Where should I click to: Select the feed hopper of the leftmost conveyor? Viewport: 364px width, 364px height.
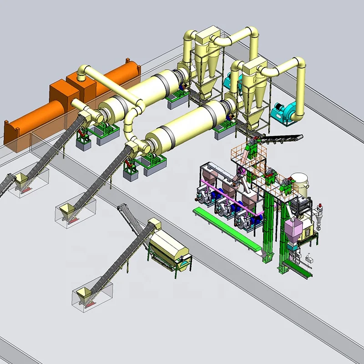click(x=20, y=180)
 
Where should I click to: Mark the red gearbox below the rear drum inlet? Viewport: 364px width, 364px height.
click(x=82, y=135)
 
